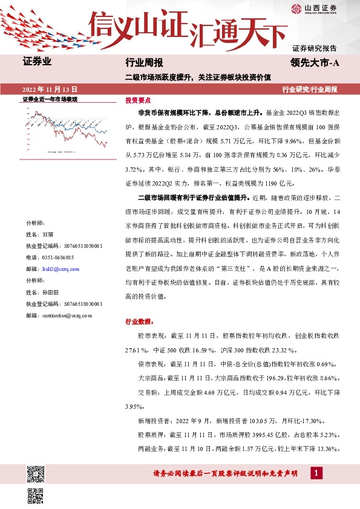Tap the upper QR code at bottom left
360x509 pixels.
pyautogui.click(x=36, y=473)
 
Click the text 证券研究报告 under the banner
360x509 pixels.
pyautogui.click(x=314, y=48)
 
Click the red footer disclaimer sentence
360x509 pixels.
pyautogui.click(x=230, y=473)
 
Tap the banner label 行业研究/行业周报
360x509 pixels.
pyautogui.click(x=309, y=89)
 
